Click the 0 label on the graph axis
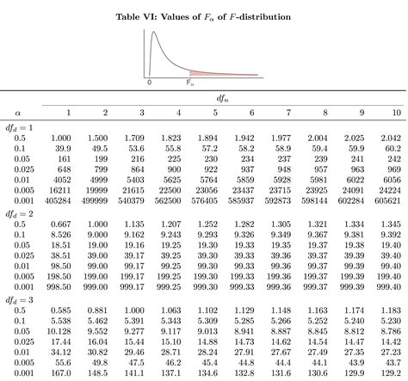[150, 83]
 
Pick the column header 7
[287, 113]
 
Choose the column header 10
[395, 113]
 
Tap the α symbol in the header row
[17, 113]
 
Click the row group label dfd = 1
[21, 126]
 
